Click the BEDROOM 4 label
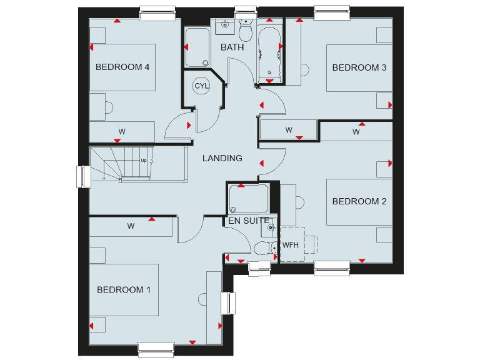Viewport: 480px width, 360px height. (x=122, y=67)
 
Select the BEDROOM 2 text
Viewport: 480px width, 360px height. (x=360, y=201)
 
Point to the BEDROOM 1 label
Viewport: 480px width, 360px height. (x=124, y=290)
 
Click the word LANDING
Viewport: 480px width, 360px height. (x=222, y=158)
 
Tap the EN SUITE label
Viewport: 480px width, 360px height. (x=249, y=221)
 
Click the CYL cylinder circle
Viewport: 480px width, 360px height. (x=201, y=86)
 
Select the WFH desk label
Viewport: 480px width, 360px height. (x=290, y=245)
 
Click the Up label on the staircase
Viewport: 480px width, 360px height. (x=144, y=160)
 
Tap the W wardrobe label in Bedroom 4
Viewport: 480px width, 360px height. (x=122, y=132)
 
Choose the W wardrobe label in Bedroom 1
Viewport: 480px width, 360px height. (x=131, y=226)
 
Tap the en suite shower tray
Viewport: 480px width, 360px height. (x=248, y=199)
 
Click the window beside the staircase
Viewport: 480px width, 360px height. (x=82, y=176)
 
